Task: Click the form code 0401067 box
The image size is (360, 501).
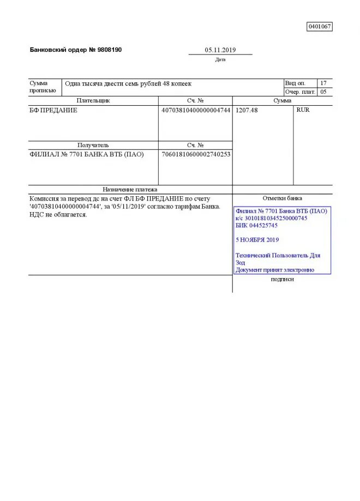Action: click(x=320, y=26)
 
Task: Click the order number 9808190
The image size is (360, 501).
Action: click(x=109, y=50)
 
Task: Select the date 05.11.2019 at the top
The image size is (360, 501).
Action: click(x=220, y=50)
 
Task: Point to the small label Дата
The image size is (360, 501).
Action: click(x=220, y=59)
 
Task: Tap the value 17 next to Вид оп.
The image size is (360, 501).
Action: click(x=323, y=83)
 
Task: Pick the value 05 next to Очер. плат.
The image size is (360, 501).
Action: click(x=323, y=92)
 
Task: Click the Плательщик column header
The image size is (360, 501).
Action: click(x=93, y=101)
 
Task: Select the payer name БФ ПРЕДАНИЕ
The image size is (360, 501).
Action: click(x=53, y=110)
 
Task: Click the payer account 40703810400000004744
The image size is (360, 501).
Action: click(x=196, y=110)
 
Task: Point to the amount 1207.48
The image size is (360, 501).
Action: click(x=247, y=110)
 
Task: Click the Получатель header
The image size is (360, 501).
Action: click(x=93, y=146)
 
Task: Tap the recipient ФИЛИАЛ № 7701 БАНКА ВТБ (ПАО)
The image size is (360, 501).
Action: click(x=87, y=154)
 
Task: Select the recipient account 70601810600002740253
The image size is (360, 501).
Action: click(x=196, y=154)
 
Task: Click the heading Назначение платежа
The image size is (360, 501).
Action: click(x=130, y=189)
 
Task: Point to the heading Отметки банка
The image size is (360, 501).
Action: click(x=282, y=198)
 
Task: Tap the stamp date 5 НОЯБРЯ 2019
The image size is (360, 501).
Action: click(x=257, y=239)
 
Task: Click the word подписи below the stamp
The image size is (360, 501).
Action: click(x=282, y=279)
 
